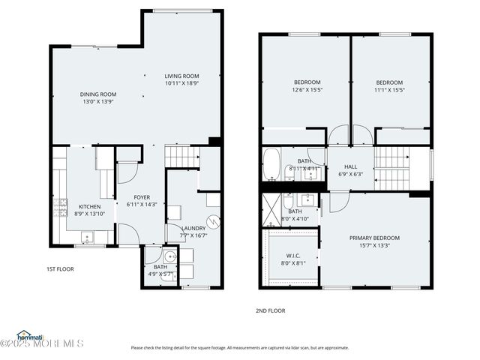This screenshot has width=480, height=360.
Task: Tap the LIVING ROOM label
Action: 181,76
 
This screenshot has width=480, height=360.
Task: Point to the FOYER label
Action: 142,197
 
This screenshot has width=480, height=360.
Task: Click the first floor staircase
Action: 180,157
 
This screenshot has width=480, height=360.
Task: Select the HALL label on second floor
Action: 351,166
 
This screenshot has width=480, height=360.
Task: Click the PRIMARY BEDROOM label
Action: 374,238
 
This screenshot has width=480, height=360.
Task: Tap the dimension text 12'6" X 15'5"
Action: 307,90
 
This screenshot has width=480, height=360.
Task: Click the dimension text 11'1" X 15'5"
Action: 389,90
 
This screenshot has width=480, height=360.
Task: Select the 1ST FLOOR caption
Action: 60,268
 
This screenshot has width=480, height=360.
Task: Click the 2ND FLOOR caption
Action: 271,310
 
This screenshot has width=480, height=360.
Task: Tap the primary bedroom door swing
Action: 336,199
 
